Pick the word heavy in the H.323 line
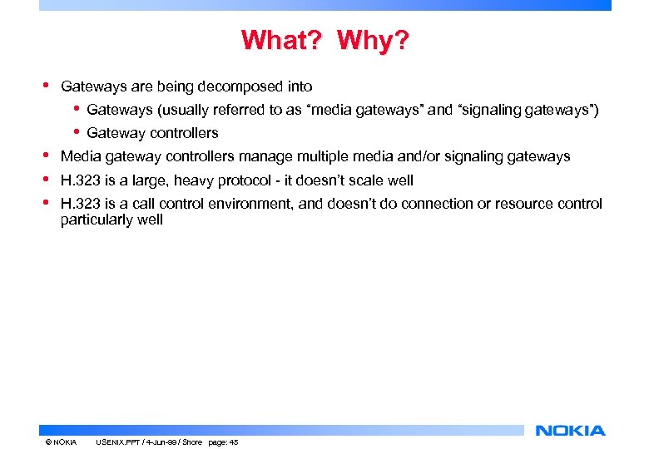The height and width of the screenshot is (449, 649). (x=195, y=180)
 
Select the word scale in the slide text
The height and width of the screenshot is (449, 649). (x=368, y=180)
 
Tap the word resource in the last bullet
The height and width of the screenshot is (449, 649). (x=533, y=204)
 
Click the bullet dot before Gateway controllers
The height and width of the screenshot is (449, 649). (x=77, y=131)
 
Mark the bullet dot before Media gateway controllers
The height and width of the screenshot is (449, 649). (x=46, y=155)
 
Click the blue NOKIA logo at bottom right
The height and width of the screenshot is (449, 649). (x=571, y=431)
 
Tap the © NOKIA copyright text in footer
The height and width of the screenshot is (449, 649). (x=61, y=442)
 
